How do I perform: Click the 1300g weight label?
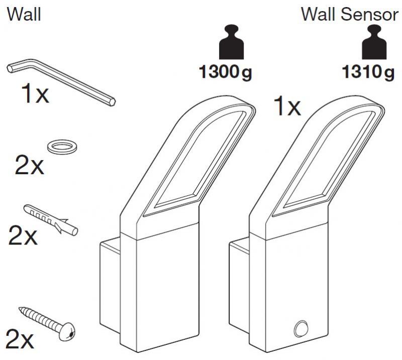pyautogui.click(x=226, y=74)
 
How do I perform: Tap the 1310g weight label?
pyautogui.click(x=368, y=74)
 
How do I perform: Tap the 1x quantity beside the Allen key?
pyautogui.click(x=35, y=94)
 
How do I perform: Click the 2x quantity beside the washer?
pyautogui.click(x=30, y=166)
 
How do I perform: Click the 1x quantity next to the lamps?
pyautogui.click(x=286, y=106)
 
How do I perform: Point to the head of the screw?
pyautogui.click(x=71, y=331)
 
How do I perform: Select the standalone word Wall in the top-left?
pyautogui.click(x=24, y=15)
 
